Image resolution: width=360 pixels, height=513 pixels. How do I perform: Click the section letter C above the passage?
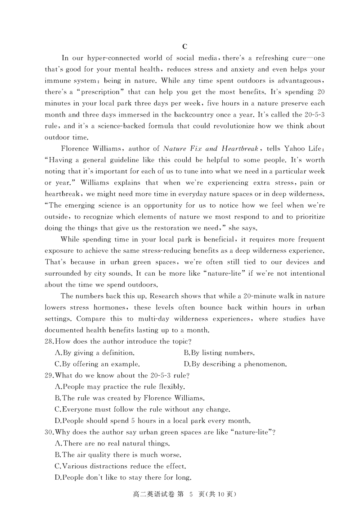(184, 47)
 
